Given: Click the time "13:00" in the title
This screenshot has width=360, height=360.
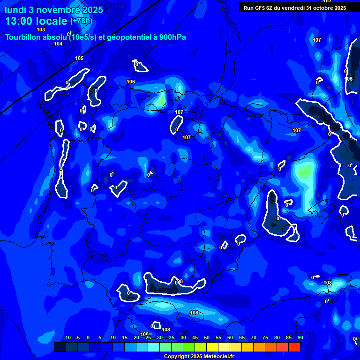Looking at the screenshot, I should point(19,21).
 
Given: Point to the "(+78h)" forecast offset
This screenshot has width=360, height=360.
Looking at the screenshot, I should point(81,21).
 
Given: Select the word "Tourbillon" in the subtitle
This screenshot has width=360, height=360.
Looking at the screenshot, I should point(24,37).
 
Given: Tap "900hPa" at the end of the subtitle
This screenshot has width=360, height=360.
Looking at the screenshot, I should point(172,37).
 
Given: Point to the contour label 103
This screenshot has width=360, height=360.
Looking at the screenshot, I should point(41,30).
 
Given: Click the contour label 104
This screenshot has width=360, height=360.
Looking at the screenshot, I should point(58,44).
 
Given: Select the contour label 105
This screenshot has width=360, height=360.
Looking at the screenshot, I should point(79,58).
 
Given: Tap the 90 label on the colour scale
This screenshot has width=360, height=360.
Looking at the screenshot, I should point(300,337).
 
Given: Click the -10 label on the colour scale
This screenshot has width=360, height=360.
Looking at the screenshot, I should point(67,337).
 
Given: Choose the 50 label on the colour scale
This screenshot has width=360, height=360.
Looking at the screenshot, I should point(207,337).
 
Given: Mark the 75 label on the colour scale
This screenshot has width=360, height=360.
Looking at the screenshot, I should point(265,337).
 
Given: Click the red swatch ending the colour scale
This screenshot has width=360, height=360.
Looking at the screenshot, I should point(294,347).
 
